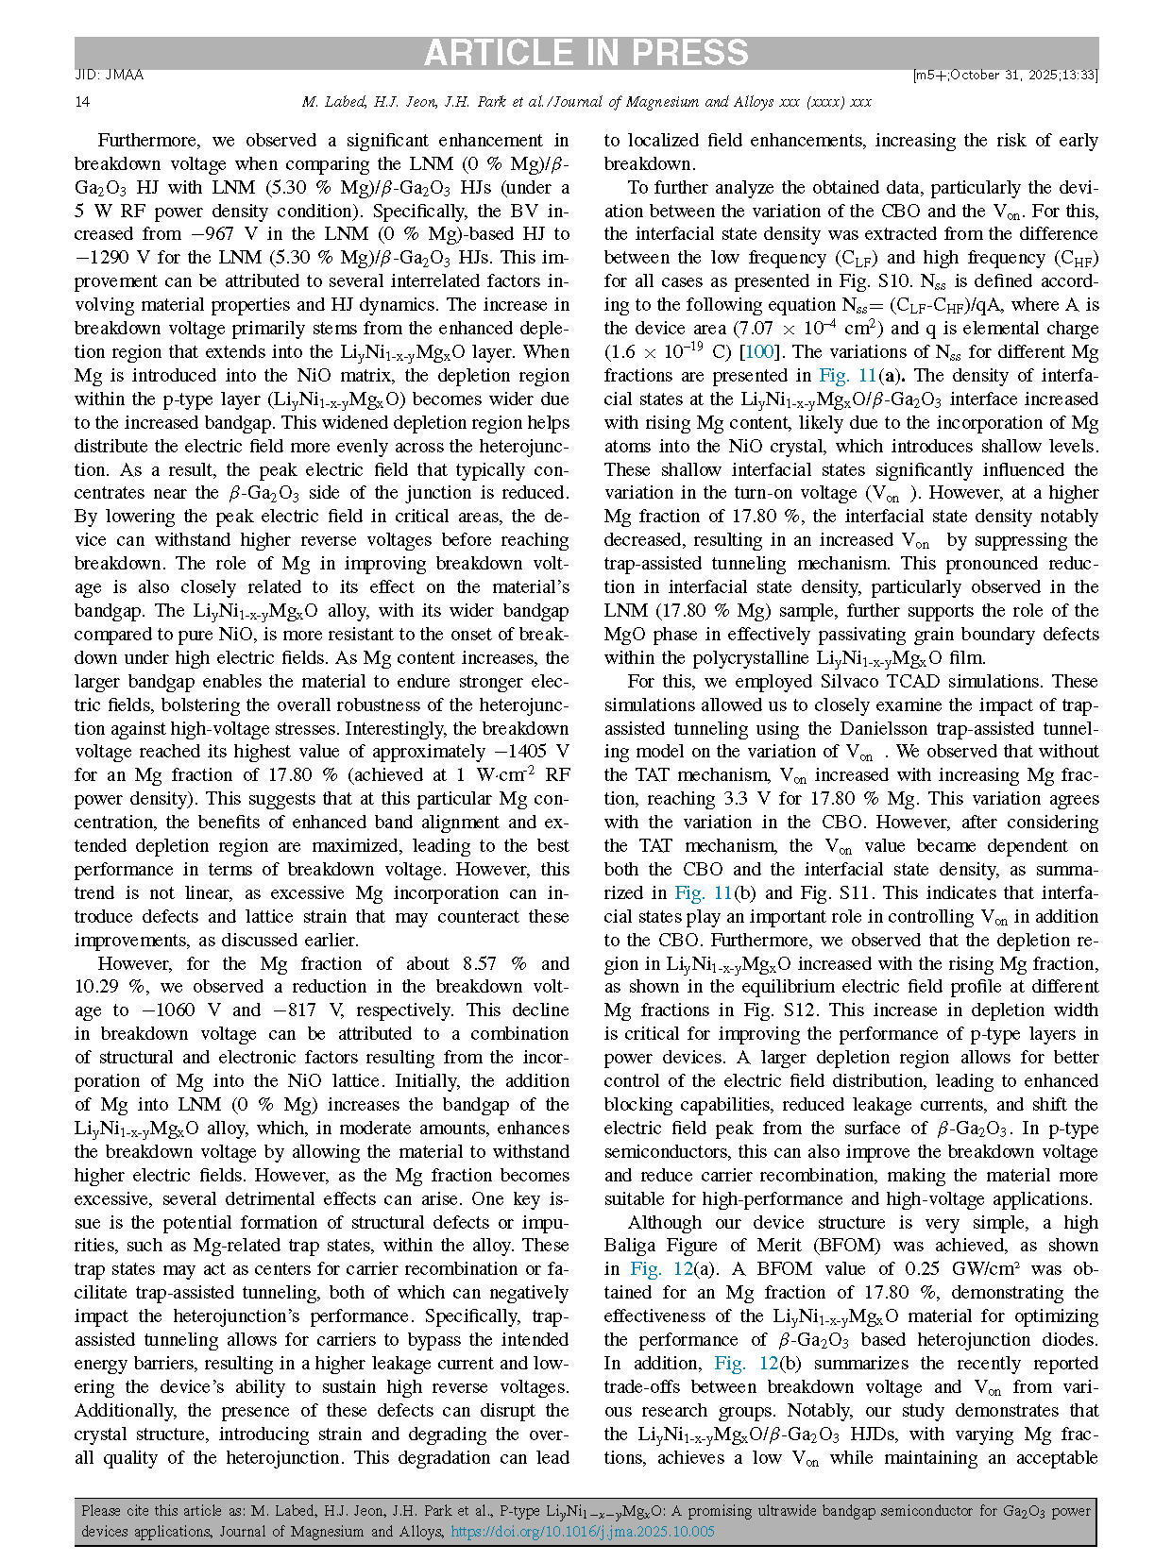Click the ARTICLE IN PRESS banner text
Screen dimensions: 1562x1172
(586, 53)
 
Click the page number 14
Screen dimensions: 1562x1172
(82, 101)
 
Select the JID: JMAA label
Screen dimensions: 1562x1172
(109, 76)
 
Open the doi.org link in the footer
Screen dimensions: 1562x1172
(582, 1531)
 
